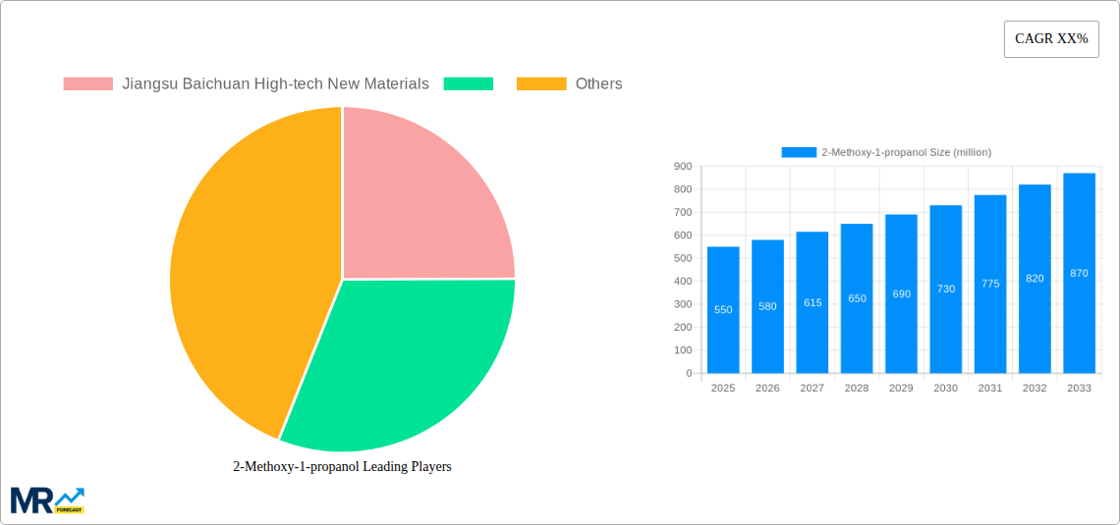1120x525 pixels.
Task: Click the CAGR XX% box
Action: (1050, 39)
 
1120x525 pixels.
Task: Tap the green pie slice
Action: (403, 363)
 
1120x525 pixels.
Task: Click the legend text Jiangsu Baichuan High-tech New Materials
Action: (275, 84)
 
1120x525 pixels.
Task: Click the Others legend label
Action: (598, 84)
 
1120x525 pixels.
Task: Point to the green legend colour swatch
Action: (468, 84)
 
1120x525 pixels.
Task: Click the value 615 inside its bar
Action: (812, 303)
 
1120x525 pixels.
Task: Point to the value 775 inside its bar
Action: (990, 284)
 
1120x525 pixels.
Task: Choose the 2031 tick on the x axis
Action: (990, 389)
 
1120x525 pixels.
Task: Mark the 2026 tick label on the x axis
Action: (767, 389)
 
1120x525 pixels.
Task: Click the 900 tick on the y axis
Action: (682, 167)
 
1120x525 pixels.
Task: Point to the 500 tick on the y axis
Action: (682, 258)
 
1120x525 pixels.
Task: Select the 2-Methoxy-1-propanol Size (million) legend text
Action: (906, 152)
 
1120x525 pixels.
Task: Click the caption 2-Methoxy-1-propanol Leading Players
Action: (342, 467)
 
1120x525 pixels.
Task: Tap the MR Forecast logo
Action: (47, 499)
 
